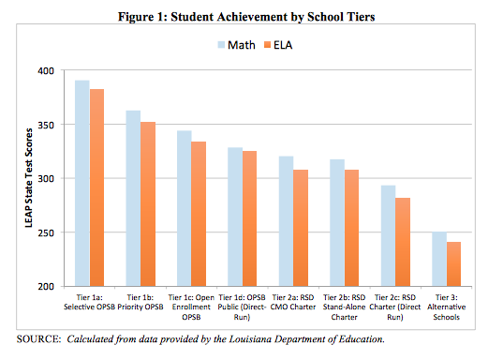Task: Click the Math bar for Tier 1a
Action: (82, 183)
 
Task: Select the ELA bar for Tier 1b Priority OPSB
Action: (148, 204)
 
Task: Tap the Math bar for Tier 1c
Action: (185, 208)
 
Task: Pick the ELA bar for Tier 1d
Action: (249, 218)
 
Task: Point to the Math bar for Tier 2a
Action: (286, 221)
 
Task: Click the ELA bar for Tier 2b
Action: (351, 228)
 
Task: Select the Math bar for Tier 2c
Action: (388, 235)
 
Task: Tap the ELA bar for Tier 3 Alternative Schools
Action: (453, 264)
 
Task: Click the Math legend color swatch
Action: (221, 45)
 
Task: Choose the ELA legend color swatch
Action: (268, 45)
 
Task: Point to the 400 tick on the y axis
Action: (46, 70)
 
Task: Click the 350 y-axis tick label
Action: (46, 125)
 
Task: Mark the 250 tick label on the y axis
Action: (46, 232)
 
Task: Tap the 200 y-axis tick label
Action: (46, 287)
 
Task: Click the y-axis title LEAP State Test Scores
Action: (29, 178)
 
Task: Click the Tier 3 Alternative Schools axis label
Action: (446, 307)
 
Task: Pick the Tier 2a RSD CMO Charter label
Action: (293, 302)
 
